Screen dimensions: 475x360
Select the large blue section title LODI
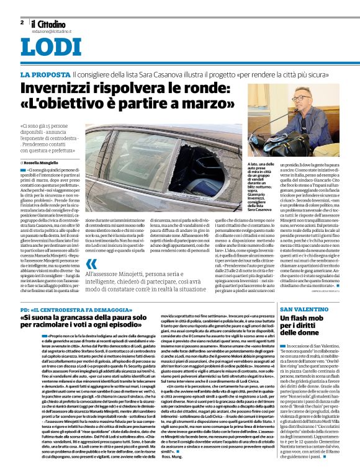click(x=50, y=48)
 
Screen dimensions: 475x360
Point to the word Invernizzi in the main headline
click(x=58, y=89)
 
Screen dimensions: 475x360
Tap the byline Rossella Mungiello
click(x=44, y=162)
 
